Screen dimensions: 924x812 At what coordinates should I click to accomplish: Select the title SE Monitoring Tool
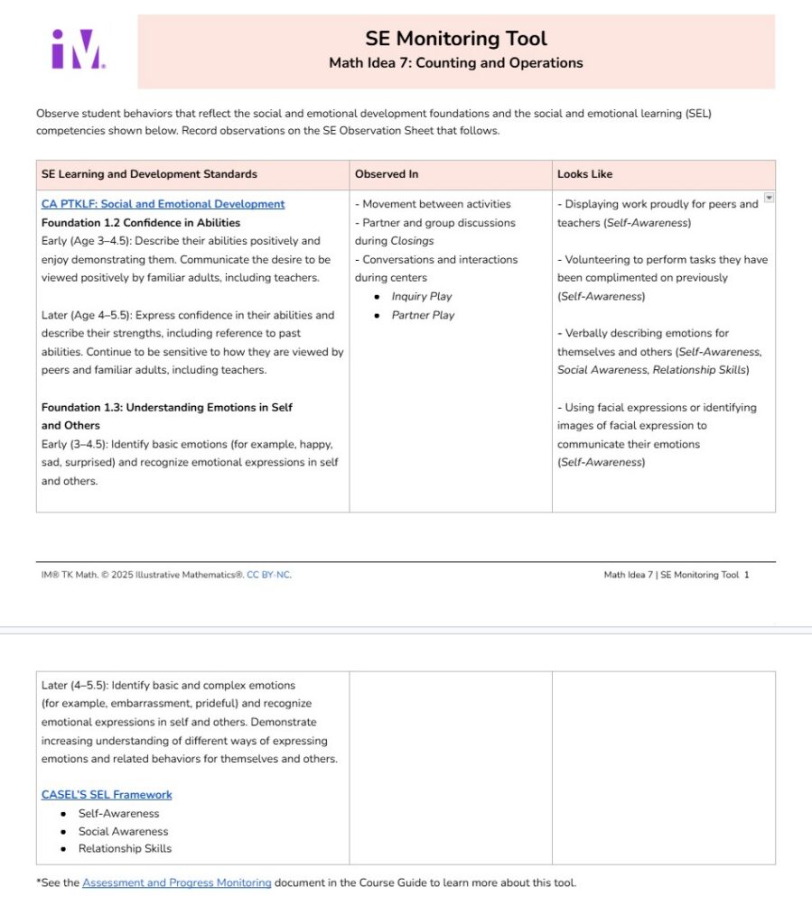(x=455, y=38)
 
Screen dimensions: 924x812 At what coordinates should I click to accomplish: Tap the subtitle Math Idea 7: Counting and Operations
(x=455, y=63)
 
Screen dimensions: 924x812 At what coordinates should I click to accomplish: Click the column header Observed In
(x=387, y=174)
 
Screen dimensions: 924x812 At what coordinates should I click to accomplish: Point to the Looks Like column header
(x=584, y=174)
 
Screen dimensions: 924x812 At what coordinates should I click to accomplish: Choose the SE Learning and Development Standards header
(x=149, y=174)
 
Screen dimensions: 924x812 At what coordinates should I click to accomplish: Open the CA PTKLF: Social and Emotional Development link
(x=163, y=204)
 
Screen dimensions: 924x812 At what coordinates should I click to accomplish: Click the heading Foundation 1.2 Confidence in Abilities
(x=141, y=223)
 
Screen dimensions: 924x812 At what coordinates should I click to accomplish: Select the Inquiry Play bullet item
(x=422, y=297)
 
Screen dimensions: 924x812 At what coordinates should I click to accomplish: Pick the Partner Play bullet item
(x=423, y=315)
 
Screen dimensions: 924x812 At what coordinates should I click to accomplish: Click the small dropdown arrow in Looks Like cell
(x=769, y=198)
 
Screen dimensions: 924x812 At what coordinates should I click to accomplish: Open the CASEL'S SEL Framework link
(x=107, y=795)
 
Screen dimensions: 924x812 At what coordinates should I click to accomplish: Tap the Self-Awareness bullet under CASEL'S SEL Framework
(x=118, y=814)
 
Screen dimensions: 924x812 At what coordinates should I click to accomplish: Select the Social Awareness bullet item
(x=123, y=832)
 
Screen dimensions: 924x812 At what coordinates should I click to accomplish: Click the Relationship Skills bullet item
(x=125, y=849)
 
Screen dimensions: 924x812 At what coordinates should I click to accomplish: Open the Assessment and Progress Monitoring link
(x=176, y=882)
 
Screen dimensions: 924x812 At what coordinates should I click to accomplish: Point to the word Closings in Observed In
(x=412, y=241)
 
